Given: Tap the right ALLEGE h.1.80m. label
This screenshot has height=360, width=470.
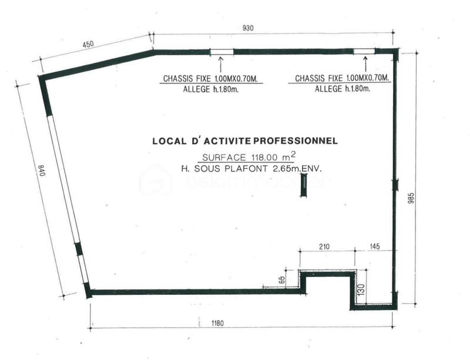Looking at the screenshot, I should (343, 89).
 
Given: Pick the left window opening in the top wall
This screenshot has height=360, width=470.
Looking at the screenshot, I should (221, 52).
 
